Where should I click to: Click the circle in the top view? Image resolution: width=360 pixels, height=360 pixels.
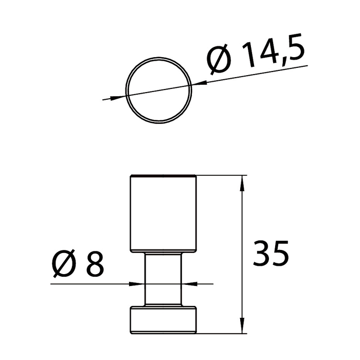160,91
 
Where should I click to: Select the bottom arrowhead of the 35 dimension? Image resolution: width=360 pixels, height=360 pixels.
242,329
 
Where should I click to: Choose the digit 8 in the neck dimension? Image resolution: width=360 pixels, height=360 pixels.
95,263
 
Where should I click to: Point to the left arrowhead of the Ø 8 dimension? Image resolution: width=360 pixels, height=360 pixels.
138,283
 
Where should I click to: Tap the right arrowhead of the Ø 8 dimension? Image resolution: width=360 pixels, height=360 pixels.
189,283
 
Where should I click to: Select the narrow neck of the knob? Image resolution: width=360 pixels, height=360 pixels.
163,280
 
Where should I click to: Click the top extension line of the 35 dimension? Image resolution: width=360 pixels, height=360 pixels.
221,176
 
